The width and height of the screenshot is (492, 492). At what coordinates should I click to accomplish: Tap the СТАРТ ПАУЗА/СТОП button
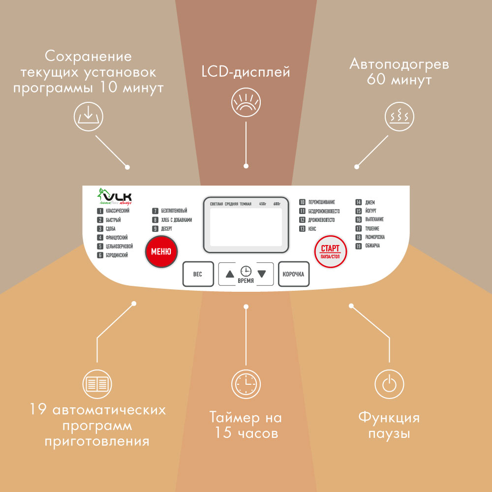(331, 251)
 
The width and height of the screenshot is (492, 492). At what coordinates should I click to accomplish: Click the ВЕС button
(197, 274)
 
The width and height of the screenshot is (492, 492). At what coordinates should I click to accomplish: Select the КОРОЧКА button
(294, 274)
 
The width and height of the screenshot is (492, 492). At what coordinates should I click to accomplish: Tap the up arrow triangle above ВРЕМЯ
(230, 274)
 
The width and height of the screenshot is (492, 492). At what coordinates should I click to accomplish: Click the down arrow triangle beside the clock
(262, 274)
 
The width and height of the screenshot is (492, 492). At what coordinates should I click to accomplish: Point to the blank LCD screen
(246, 227)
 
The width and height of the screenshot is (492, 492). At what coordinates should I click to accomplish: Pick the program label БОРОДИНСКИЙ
(117, 255)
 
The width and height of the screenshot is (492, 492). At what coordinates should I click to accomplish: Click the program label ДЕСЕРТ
(167, 229)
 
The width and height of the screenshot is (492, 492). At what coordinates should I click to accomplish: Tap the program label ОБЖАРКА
(372, 246)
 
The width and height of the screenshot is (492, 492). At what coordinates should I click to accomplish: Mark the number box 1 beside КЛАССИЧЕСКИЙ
(100, 211)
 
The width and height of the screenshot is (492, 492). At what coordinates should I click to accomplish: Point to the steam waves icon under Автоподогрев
(398, 117)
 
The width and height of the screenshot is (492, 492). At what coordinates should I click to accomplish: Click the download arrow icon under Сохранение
(89, 117)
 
